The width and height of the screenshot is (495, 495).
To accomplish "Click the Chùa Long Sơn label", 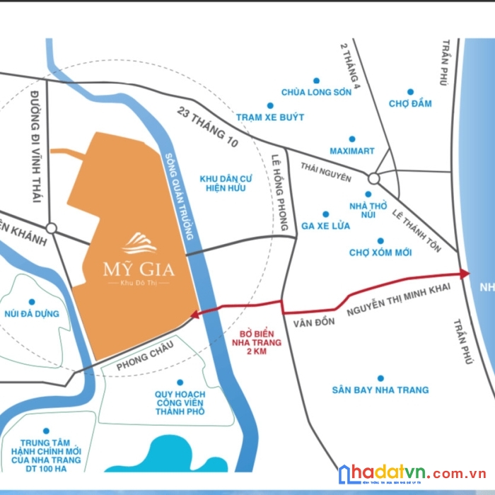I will pos(316,92).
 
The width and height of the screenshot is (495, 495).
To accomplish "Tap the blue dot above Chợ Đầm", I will pos(410,91).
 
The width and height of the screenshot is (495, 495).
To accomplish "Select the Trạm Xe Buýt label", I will pos(270,117).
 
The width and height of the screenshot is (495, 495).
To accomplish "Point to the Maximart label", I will pos(352,151).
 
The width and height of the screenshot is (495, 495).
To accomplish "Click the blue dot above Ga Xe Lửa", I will pos(326,214).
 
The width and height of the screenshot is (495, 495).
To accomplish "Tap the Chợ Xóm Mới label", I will pos(380,252).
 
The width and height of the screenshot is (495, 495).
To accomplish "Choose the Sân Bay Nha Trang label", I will pos(380,390).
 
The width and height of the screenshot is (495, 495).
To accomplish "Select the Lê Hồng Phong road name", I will pos(280,192).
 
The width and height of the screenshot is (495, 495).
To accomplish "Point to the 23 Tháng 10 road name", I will pos(209,127).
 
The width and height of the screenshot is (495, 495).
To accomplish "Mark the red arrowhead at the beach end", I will pos(464,273).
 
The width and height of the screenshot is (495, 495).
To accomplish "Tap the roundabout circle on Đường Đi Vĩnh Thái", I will pos(51,228).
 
